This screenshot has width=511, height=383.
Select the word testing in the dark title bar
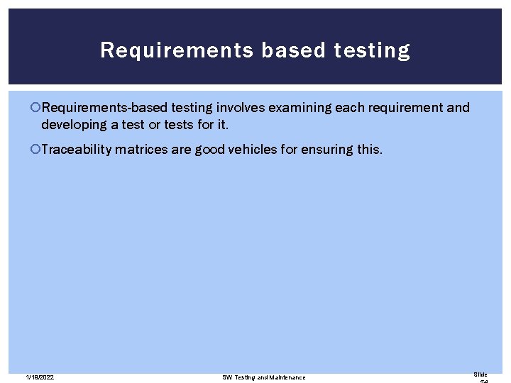point(370,50)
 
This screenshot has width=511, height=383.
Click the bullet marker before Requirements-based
point(36,108)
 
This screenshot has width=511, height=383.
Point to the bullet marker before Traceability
point(36,149)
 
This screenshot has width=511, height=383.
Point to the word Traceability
point(77,149)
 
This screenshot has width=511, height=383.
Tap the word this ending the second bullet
point(370,149)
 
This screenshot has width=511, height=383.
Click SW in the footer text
point(227,377)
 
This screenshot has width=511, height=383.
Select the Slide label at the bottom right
point(480,374)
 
